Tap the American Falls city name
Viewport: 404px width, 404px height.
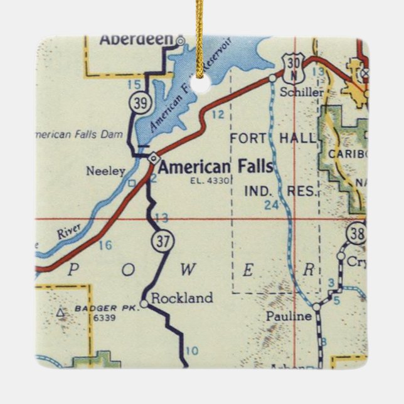215,167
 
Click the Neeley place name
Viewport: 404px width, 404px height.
106,171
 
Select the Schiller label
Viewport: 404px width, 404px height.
302,92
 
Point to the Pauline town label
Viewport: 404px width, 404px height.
288,316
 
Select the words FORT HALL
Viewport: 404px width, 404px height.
274,138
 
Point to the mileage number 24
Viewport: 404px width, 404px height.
271,205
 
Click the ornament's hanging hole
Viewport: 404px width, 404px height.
201,87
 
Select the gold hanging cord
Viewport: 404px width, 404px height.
199,38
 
